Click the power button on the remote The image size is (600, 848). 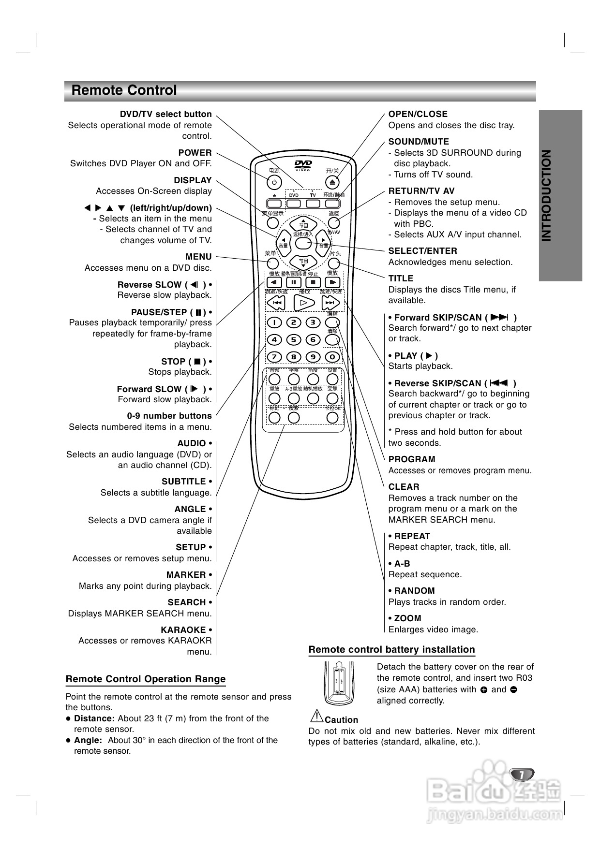pyautogui.click(x=274, y=182)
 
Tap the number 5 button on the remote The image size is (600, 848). pyautogui.click(x=294, y=339)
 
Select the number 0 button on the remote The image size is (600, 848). pyautogui.click(x=332, y=357)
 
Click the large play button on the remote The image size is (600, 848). pyautogui.click(x=304, y=303)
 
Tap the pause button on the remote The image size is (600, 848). pyautogui.click(x=294, y=282)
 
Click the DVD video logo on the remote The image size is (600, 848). pyautogui.click(x=303, y=164)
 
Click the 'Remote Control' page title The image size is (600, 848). pyautogui.click(x=124, y=90)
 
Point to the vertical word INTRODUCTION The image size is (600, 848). pyautogui.click(x=546, y=195)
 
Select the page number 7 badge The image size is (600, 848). pyautogui.click(x=522, y=775)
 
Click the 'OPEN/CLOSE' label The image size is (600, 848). pyautogui.click(x=418, y=114)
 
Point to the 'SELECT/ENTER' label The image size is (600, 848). pyautogui.click(x=422, y=251)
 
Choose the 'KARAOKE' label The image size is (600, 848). pyautogui.click(x=184, y=630)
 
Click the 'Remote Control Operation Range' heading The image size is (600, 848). pyautogui.click(x=146, y=679)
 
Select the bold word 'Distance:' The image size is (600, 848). pyautogui.click(x=94, y=718)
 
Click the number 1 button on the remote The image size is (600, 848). pyautogui.click(x=274, y=322)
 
